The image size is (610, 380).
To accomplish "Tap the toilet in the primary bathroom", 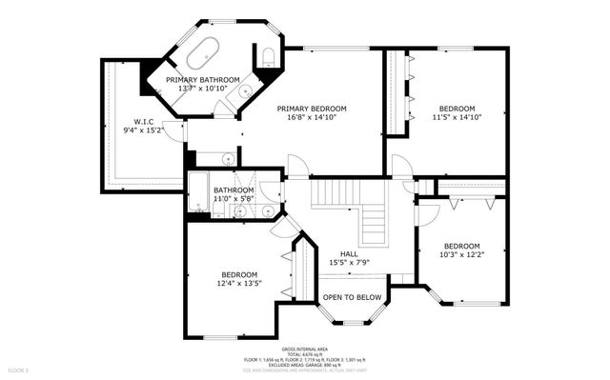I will [x=269, y=54].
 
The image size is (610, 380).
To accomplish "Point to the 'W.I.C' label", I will [x=144, y=121].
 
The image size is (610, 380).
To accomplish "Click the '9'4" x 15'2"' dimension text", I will [x=144, y=130].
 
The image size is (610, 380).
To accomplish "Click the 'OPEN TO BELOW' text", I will [x=353, y=297].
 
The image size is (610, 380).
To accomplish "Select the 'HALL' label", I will [x=349, y=252].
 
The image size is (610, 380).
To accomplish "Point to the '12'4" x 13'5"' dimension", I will [x=239, y=284].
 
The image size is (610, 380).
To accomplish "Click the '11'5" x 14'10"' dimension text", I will [x=458, y=118].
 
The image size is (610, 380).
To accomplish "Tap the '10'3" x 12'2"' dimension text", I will [x=464, y=254].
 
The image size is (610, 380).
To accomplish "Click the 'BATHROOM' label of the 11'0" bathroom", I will [x=234, y=190].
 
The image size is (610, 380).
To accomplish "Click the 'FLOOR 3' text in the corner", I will [x=19, y=369].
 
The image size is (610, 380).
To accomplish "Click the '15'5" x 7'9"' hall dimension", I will [x=349, y=262].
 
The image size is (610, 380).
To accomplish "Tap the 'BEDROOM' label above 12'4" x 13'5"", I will [x=239, y=274].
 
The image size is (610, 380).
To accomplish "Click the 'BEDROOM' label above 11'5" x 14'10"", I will [x=458, y=109].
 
